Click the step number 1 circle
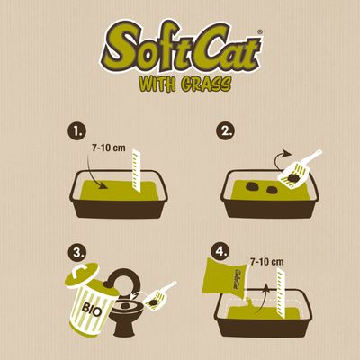click(x=76, y=131)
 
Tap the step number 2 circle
click(x=226, y=131)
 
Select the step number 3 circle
click(x=77, y=253)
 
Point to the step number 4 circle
click(x=220, y=251)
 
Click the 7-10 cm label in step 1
click(x=110, y=148)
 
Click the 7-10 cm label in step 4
click(x=267, y=262)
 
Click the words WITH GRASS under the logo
click(x=185, y=84)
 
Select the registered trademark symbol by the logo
click(x=260, y=32)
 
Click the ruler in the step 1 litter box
click(x=137, y=170)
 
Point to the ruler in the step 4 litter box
click(x=282, y=293)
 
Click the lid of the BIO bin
click(x=81, y=275)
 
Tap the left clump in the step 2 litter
click(x=253, y=187)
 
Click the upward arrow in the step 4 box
click(x=263, y=299)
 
